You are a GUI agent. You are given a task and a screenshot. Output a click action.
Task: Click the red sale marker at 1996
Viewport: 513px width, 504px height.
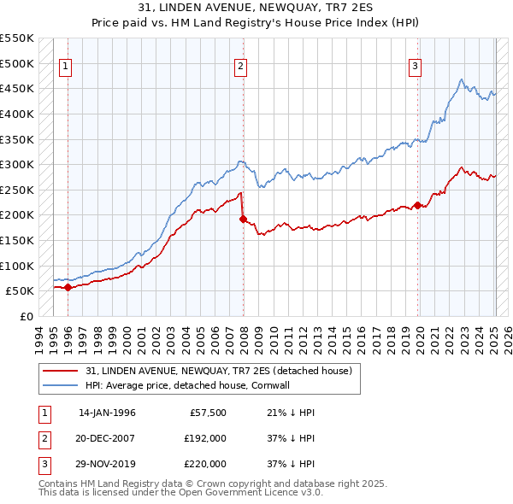tap(68, 288)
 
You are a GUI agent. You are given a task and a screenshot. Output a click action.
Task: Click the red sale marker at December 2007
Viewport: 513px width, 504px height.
tap(243, 220)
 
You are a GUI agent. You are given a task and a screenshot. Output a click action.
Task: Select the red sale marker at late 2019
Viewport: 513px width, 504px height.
tap(417, 205)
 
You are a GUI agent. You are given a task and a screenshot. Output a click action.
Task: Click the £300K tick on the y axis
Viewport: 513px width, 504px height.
tap(17, 164)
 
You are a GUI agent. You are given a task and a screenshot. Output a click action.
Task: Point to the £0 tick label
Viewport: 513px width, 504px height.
tap(27, 316)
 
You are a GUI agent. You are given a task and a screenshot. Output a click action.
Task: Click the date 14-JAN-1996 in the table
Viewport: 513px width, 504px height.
tap(107, 413)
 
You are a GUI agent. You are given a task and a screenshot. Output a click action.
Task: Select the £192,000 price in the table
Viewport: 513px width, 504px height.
tap(205, 438)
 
